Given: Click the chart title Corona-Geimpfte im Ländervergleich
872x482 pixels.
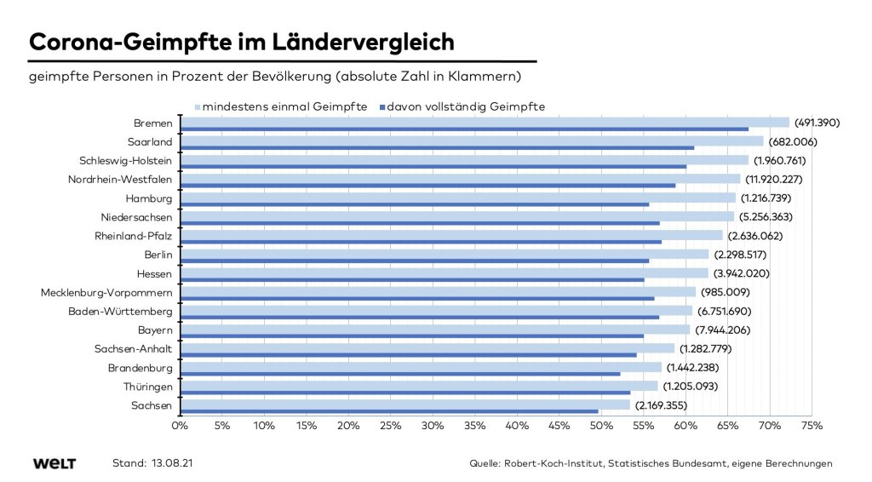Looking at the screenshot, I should coord(242,42).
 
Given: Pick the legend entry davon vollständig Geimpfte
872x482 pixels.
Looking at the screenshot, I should coord(466,106).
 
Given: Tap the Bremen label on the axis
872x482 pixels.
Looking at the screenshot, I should coord(153,123).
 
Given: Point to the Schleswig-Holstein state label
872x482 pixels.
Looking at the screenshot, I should coord(125,160).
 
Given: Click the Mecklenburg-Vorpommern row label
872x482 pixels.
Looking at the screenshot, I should coord(106,292).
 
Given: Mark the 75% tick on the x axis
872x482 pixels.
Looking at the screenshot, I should coord(812,424).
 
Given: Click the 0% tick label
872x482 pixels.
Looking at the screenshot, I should coord(180,424).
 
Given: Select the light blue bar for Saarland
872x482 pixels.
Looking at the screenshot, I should coord(472,141).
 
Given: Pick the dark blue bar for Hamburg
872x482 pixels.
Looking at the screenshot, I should coord(415,204).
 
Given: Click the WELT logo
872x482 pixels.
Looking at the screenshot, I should coord(54,463).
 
